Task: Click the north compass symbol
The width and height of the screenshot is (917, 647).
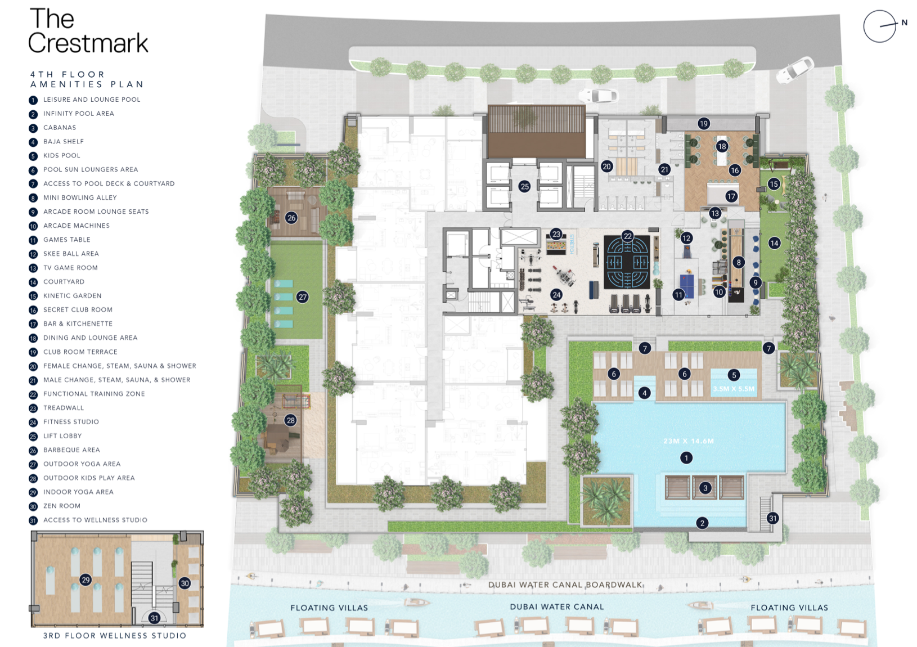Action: tap(880, 26)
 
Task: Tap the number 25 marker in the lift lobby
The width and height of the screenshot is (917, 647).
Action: tap(524, 187)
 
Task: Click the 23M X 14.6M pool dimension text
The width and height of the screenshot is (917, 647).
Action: tap(689, 441)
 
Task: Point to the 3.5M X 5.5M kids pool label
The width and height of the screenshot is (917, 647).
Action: tap(734, 389)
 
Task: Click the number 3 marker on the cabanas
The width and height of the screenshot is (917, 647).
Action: tap(705, 488)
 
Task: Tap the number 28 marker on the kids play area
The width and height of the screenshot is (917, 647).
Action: tap(291, 420)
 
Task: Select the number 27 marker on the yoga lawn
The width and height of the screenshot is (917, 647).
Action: tap(303, 297)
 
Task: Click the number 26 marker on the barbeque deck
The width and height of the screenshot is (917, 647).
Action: tap(291, 218)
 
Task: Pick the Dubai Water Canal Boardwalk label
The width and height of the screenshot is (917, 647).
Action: tap(565, 585)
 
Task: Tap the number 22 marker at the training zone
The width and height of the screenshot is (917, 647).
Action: tap(628, 236)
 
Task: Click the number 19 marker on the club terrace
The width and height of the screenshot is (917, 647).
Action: tap(703, 124)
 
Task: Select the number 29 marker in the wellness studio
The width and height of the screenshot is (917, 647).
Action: tap(86, 580)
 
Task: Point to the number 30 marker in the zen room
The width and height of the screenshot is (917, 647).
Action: tap(185, 583)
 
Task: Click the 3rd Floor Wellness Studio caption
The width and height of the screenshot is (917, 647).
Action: tap(115, 636)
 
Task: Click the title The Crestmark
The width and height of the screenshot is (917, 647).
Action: tap(88, 31)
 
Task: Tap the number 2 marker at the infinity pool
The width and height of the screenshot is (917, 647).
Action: tap(703, 523)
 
